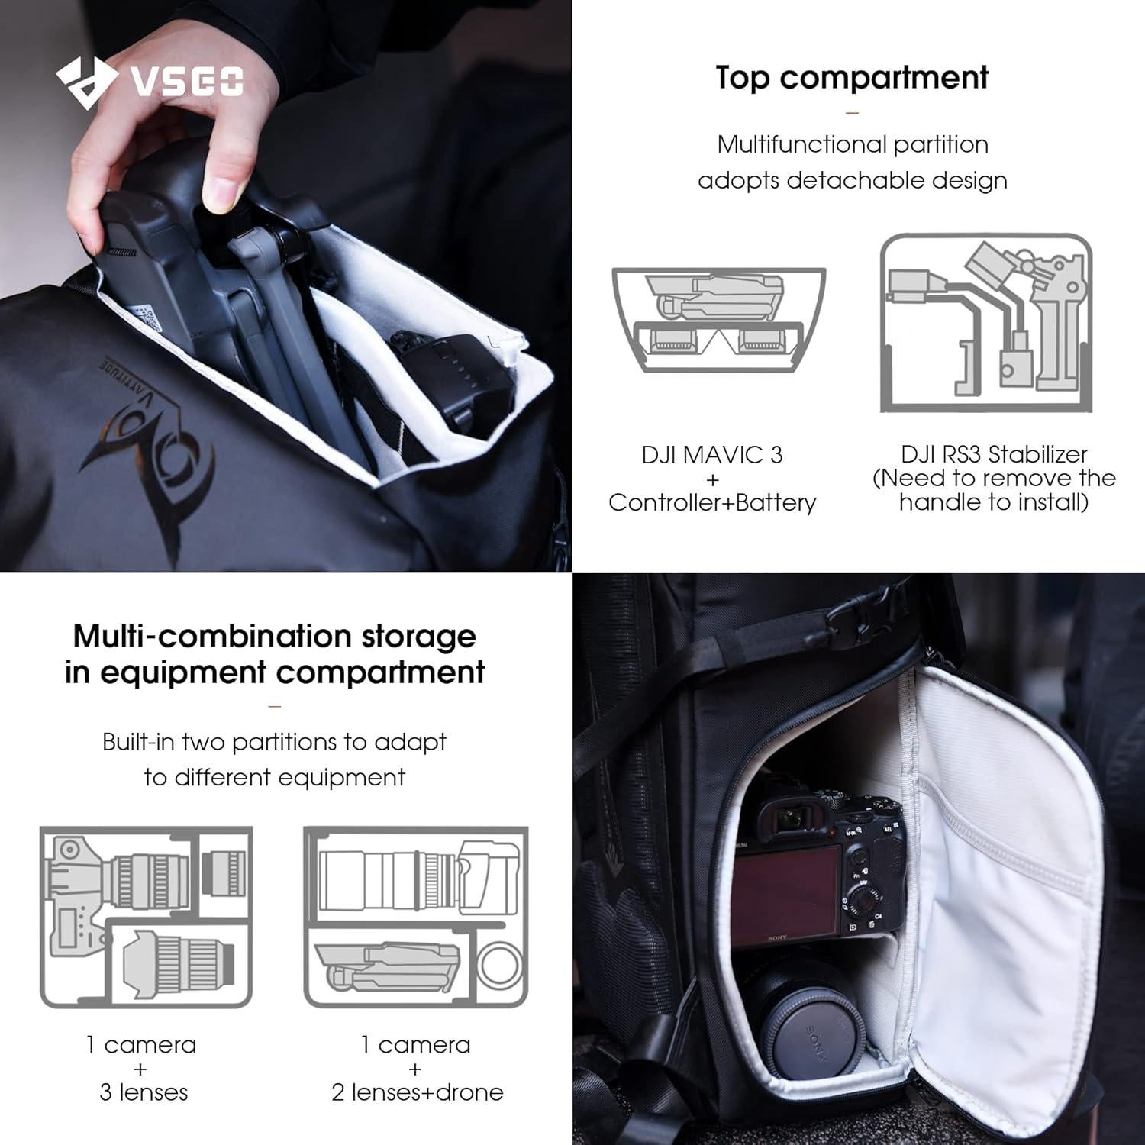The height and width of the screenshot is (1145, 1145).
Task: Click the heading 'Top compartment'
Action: (x=852, y=78)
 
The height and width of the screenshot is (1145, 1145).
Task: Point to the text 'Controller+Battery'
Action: (x=712, y=502)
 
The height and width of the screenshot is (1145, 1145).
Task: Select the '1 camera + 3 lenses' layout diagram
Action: (x=146, y=917)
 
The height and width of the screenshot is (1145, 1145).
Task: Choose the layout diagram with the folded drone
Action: (x=416, y=917)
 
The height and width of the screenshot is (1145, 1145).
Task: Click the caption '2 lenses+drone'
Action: (x=417, y=1092)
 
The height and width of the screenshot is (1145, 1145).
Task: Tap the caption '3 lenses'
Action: (x=144, y=1092)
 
